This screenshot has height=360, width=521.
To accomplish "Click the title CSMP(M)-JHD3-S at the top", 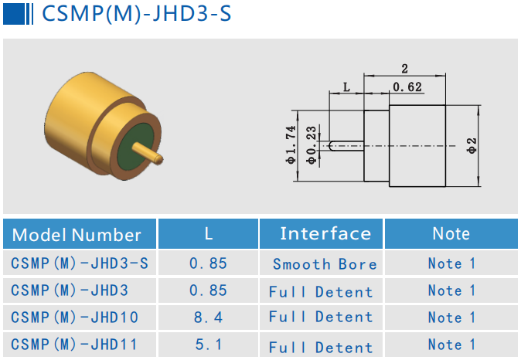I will pos(135,15).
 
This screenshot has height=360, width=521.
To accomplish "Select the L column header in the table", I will pos(208,233).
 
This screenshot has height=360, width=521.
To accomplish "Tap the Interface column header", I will pos(325,233).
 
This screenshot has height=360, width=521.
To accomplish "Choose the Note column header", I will pos(451,233).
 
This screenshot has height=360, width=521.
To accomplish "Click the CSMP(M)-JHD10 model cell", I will pos(75,318).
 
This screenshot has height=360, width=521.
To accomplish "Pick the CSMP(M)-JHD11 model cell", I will pos(75,345).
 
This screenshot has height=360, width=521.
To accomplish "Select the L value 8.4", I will pos(208,318).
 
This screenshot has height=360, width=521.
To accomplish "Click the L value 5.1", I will pos(208,345).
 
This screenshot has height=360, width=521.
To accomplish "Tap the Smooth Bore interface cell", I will pos(325,264).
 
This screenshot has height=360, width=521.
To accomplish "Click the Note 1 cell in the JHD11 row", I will pos(451,345).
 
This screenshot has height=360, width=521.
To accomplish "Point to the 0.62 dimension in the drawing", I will pos(407,87).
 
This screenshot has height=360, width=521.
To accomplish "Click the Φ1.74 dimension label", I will pos(291,144).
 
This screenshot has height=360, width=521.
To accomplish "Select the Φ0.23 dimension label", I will pos(311,145).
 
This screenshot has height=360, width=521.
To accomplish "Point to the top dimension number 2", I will pos(404,68).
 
